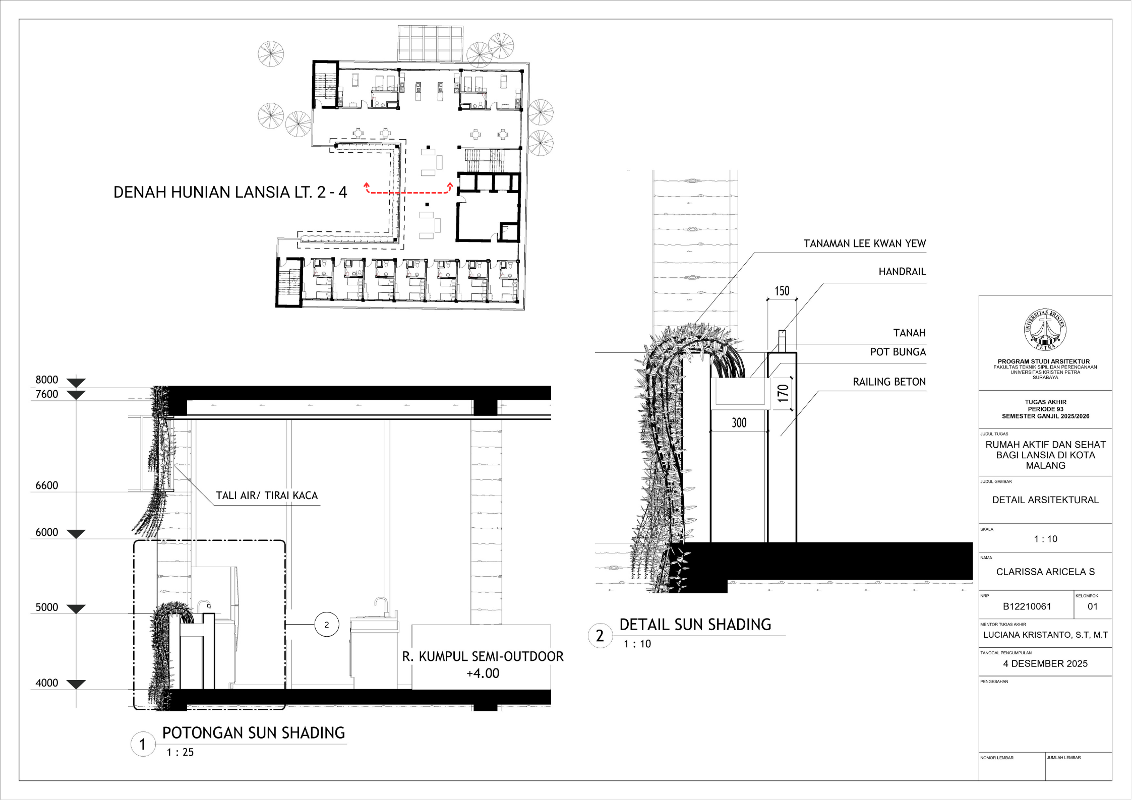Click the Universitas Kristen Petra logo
1045,330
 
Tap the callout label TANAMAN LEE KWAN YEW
864,244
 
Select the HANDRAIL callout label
902,272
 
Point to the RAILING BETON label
889,382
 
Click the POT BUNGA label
898,352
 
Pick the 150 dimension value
782,291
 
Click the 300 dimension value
739,423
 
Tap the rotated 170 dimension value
783,393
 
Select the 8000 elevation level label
47,380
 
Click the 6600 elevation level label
47,485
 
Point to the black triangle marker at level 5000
76,609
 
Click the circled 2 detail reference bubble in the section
327,625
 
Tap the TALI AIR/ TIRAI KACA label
267,496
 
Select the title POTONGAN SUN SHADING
254,733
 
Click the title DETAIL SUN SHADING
695,625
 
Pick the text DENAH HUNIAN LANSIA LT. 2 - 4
230,192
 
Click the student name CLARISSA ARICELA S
1045,572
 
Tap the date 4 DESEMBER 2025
1045,663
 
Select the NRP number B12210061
1027,606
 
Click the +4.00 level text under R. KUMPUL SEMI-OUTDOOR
483,673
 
